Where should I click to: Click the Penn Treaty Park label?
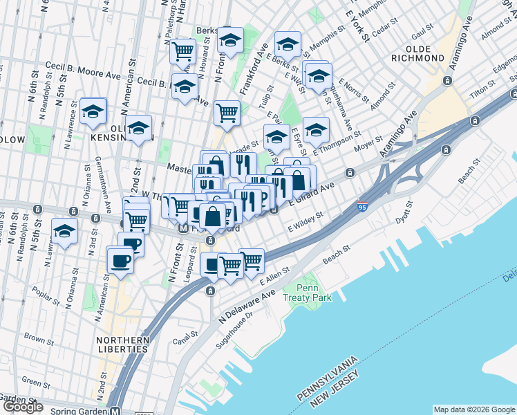pyautogui.click(x=313, y=293)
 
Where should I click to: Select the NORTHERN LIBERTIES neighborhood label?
pyautogui.click(x=123, y=344)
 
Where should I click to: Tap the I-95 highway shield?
pyautogui.click(x=362, y=206)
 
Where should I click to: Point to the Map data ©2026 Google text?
pyautogui.click(x=473, y=409)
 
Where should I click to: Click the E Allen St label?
pyautogui.click(x=273, y=279)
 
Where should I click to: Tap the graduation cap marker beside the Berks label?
pyautogui.click(x=231, y=41)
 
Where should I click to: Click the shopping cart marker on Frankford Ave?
pyautogui.click(x=227, y=113)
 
